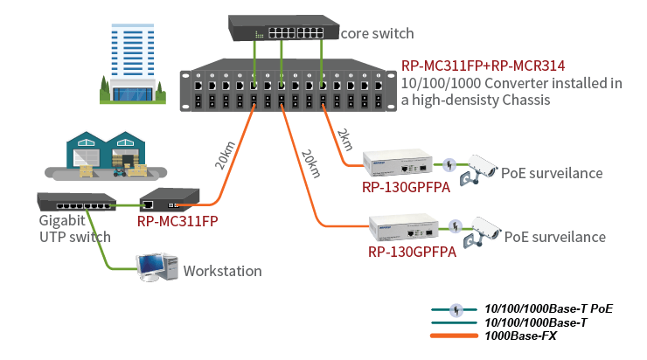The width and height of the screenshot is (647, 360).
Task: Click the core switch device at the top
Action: pos(282,28)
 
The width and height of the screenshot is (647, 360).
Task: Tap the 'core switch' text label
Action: pos(377,33)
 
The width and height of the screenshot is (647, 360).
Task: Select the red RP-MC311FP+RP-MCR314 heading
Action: pos(483,66)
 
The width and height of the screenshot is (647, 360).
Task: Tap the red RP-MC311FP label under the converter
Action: pos(177,221)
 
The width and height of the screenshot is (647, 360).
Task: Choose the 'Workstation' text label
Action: pos(222,271)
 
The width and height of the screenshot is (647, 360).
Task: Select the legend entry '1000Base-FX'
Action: pos(520,336)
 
